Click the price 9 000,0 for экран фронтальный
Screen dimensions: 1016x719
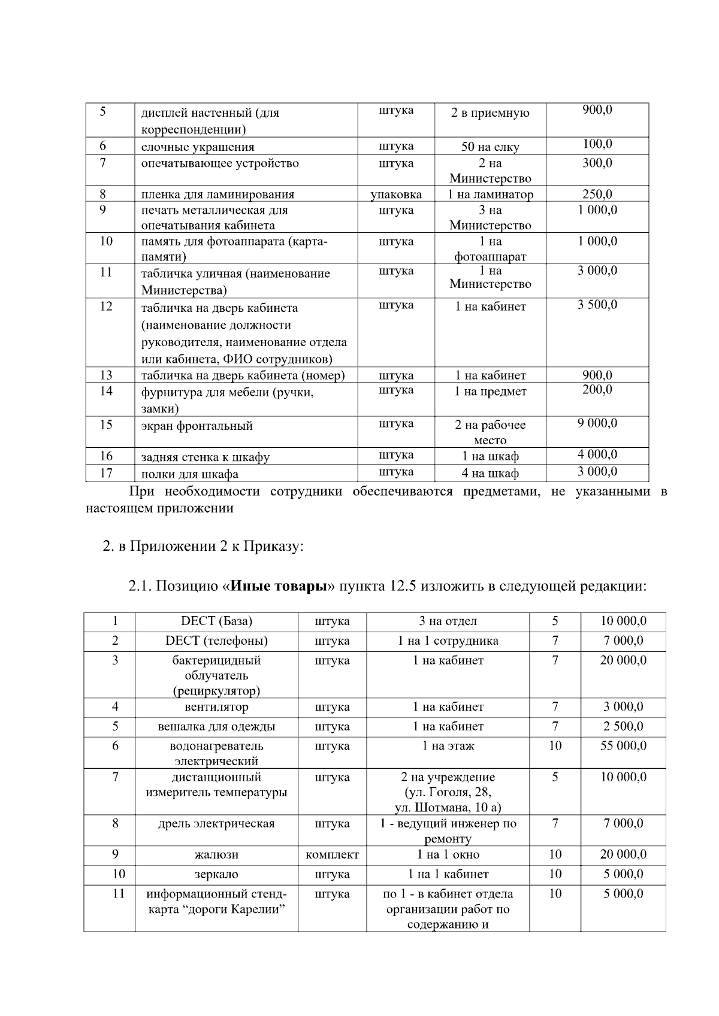597,423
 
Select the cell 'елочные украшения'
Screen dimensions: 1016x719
198,147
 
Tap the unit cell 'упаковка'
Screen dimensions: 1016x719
396,194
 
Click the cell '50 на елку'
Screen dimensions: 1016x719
490,147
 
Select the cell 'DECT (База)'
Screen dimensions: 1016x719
216,621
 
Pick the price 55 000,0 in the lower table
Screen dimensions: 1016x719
623,746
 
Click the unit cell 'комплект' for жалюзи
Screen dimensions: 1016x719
332,854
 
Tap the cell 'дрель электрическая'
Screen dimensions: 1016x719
216,824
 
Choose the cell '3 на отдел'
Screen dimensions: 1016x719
448,621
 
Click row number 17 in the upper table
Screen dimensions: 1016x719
106,473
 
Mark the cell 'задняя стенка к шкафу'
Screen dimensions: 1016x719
205,457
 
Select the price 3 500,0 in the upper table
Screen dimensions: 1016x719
597,305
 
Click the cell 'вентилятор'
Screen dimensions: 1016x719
216,707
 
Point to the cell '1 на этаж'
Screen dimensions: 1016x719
448,746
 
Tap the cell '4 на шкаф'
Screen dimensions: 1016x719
490,473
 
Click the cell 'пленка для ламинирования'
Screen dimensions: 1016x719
217,194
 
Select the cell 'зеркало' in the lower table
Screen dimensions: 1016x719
216,874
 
